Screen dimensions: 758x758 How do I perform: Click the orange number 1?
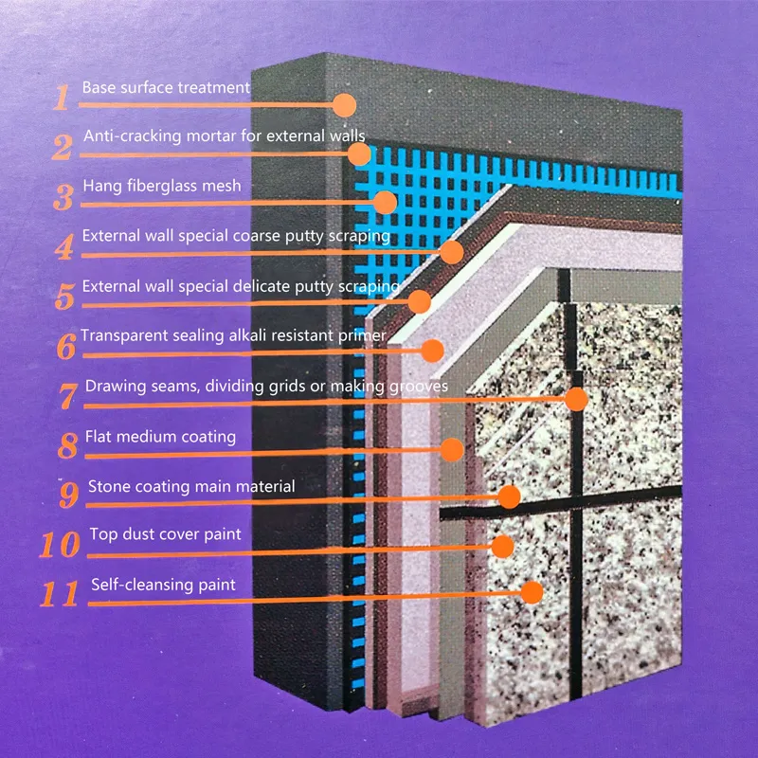pos(62,98)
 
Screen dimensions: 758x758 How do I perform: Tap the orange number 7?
pos(67,396)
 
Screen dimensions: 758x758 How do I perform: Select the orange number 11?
pos(59,594)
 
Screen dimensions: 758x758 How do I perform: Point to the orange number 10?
pos(60,544)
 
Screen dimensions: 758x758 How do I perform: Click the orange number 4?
pos(64,246)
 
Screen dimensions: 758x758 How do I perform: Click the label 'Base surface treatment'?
pos(166,87)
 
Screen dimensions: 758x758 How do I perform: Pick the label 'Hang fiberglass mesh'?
pos(162,186)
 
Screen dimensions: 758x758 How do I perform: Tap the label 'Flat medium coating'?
pos(160,437)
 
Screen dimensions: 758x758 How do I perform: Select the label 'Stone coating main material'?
pos(191,486)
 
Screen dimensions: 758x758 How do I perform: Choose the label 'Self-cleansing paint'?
pos(163,585)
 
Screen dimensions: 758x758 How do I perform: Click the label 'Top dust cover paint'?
pos(165,534)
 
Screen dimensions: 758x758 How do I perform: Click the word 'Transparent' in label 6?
pos(124,335)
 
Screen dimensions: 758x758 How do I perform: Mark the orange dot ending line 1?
pos(344,105)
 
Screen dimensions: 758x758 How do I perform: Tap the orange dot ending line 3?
pos(386,203)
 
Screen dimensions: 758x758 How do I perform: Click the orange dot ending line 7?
pos(576,399)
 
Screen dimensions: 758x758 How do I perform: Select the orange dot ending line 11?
pos(532,592)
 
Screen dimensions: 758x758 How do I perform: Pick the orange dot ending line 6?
pos(432,351)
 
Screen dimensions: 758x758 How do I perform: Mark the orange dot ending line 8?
pos(452,449)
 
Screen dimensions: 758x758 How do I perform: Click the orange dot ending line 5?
pos(419,301)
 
